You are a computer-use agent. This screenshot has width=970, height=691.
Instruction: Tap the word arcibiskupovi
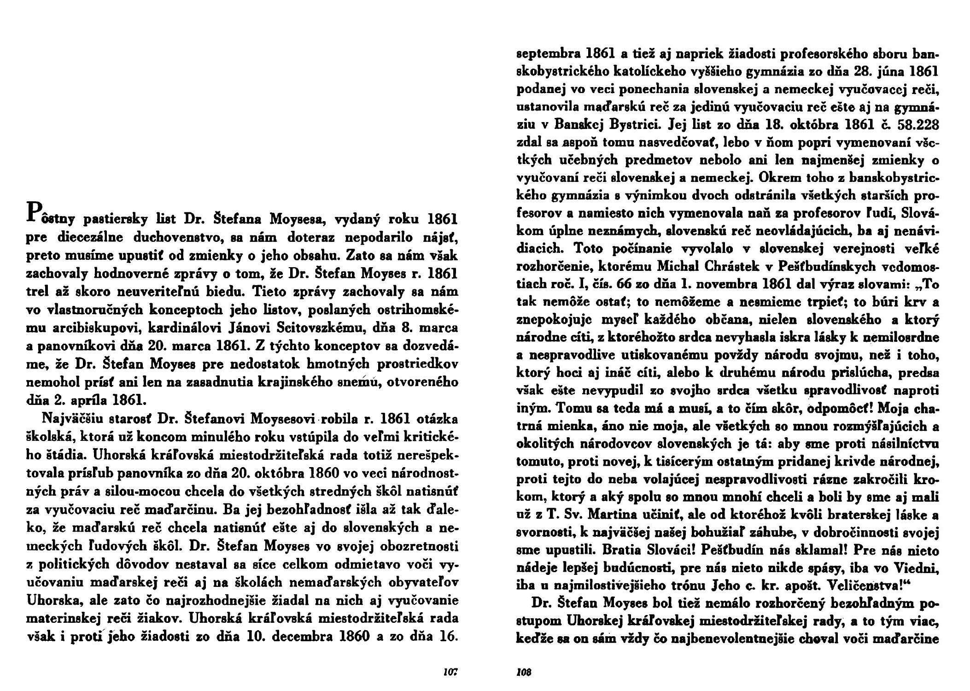click(85, 328)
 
